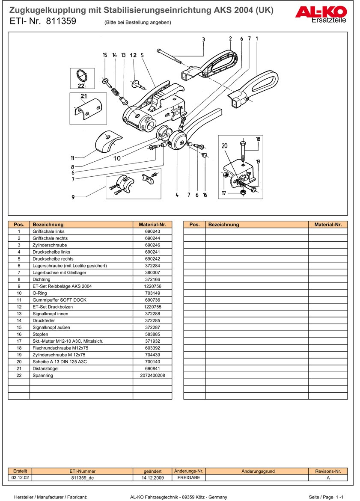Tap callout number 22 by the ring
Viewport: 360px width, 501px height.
pos(81,85)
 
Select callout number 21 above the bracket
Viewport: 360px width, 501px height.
pos(83,96)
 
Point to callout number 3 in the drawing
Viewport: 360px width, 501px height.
pos(203,39)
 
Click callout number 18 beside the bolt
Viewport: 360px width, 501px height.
pos(258,139)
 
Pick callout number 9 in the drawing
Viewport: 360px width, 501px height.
pos(73,197)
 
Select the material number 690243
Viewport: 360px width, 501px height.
pos(152,231)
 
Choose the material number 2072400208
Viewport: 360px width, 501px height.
pos(152,375)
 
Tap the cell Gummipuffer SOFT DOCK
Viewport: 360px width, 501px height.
pos(59,300)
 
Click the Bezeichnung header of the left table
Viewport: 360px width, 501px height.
pos(48,225)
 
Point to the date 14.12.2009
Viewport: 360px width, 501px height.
pos(152,478)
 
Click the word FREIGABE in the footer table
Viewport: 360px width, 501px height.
pos(189,478)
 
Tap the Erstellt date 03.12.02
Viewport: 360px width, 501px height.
pos(20,478)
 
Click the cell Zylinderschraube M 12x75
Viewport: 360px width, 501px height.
pos(59,355)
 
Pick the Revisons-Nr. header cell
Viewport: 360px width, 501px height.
pos(328,471)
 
